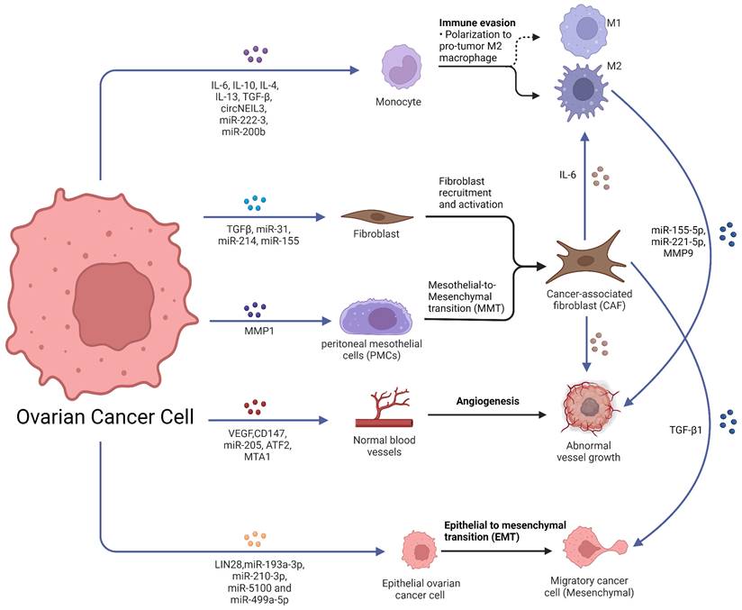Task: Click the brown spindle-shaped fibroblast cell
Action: click(x=377, y=216)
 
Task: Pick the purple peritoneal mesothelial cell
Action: click(x=376, y=320)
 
